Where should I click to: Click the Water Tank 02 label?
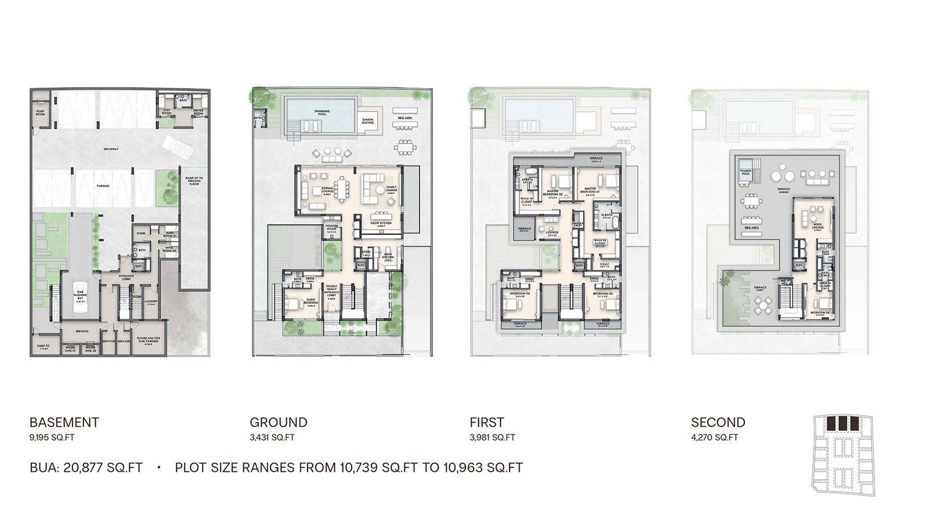tap(90, 350)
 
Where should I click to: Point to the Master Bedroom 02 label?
tap(552, 192)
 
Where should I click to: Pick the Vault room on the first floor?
tap(604, 263)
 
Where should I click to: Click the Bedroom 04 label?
tap(517, 294)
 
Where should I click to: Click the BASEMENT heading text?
tap(64, 423)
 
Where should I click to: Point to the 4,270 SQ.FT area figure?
tap(714, 438)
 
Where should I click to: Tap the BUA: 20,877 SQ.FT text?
tap(86, 467)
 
